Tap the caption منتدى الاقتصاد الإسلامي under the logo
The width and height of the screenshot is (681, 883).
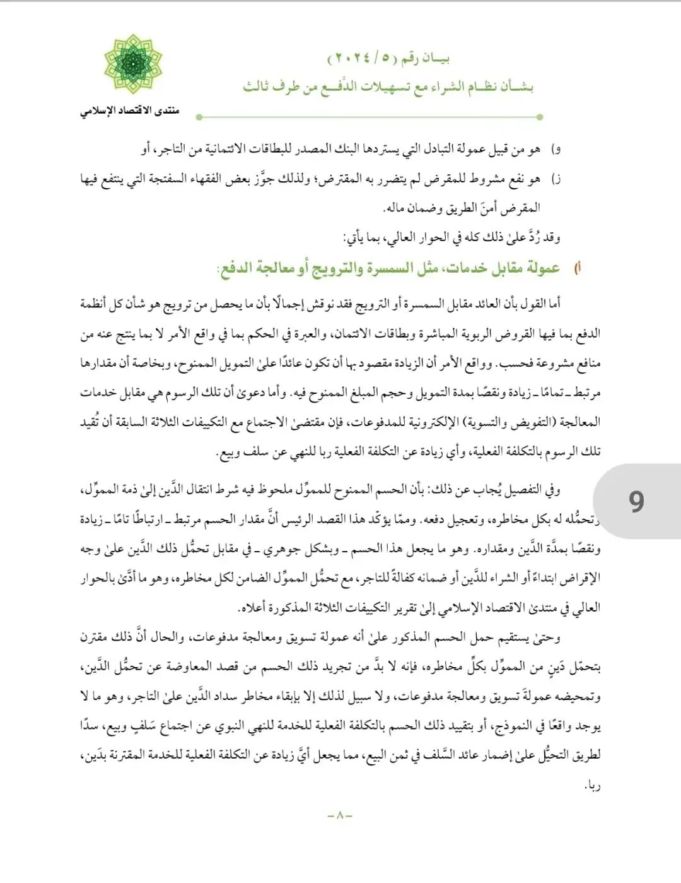point(129,111)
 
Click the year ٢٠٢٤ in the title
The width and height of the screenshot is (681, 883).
point(349,58)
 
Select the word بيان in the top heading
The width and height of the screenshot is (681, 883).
point(435,58)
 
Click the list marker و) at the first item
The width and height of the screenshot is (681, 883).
point(556,149)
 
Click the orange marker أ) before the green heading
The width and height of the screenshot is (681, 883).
point(576,268)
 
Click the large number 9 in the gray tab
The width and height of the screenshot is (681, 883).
point(636,502)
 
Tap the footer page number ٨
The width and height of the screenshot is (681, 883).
point(340,815)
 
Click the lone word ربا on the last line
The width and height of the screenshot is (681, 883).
point(592,786)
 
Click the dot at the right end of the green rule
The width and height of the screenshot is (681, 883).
point(540,117)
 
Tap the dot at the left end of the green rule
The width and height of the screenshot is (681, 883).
point(199,117)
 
